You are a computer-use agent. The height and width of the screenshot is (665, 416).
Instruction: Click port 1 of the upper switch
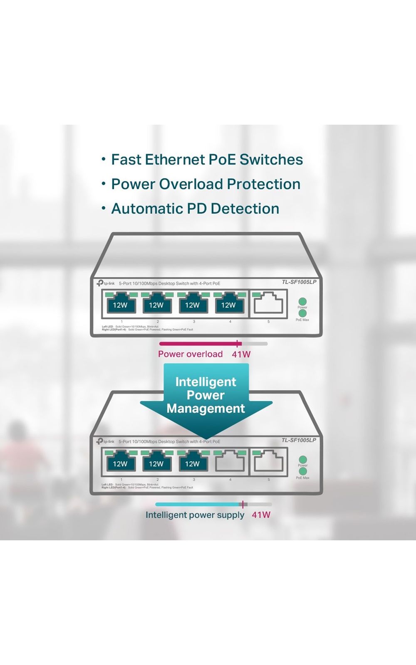120,303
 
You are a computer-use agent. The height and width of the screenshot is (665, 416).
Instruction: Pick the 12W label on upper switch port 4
228,305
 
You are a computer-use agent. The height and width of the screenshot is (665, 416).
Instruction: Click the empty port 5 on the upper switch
269,303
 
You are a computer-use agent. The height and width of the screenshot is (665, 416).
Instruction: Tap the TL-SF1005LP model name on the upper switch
299,282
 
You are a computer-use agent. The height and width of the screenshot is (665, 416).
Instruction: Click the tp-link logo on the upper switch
106,283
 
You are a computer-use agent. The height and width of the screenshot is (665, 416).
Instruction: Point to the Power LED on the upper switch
302,301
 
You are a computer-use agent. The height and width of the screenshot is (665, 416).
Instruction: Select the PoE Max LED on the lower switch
303,472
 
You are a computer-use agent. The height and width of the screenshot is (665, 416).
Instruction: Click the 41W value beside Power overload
241,355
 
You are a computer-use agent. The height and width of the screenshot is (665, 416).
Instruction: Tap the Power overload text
190,354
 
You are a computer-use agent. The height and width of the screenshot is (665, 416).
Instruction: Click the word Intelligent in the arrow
206,382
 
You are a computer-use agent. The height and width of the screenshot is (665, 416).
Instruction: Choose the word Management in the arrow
206,409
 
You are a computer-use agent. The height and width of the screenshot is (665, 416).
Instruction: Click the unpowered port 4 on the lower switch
230,461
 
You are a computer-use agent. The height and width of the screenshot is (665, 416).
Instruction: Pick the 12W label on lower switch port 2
156,464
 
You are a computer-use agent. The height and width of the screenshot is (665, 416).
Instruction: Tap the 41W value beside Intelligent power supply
261,515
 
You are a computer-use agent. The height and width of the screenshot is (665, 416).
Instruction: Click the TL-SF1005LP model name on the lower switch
299,440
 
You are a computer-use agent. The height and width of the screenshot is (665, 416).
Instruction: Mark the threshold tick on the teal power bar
243,504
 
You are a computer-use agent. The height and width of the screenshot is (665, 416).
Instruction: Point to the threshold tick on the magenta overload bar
237,344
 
